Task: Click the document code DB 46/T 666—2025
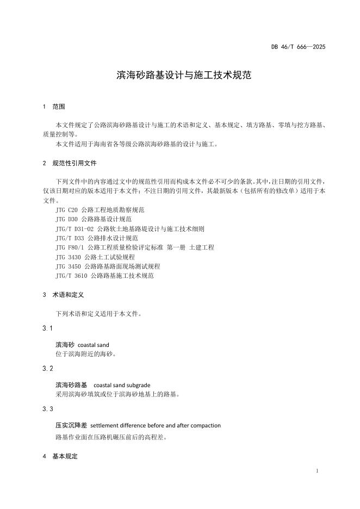[x=298, y=47]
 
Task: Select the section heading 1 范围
[x=54, y=107]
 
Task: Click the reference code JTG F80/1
[x=70, y=247]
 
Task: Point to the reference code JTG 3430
[x=68, y=257]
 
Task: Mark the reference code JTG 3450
[x=68, y=266]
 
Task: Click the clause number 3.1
[x=47, y=328]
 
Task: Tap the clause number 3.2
[x=47, y=369]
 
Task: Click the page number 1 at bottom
[x=317, y=470]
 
